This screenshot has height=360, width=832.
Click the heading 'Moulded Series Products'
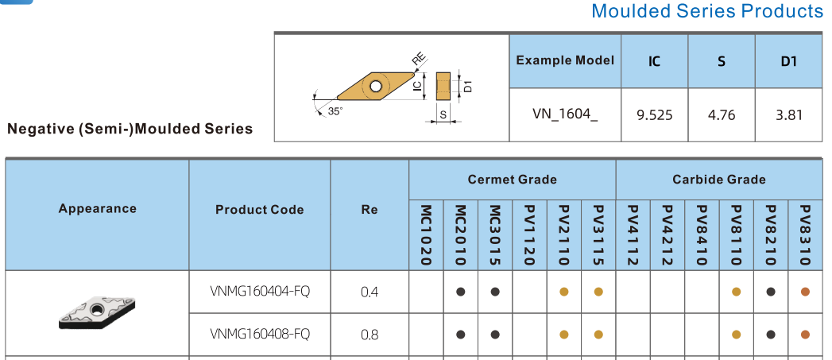(707, 10)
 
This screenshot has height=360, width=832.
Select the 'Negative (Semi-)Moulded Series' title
(130, 129)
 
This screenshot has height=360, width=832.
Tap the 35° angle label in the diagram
(335, 111)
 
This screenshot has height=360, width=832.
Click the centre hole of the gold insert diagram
(376, 86)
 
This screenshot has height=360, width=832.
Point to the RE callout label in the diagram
(420, 62)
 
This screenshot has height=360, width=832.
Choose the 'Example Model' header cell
(564, 60)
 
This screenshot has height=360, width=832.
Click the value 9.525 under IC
(654, 114)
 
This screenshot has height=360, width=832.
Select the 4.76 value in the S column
(722, 114)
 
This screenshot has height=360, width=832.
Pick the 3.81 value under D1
(789, 114)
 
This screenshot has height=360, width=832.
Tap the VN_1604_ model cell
(564, 114)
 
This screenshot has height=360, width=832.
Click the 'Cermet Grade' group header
(512, 180)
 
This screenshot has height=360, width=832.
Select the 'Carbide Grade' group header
(719, 180)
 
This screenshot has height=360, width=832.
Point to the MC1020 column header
(426, 235)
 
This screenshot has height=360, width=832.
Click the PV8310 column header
(805, 235)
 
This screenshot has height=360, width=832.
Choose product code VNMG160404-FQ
(260, 291)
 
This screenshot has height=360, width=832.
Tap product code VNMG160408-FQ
(260, 334)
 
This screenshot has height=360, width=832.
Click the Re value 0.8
(370, 335)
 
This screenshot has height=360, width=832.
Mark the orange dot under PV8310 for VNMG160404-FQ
(805, 292)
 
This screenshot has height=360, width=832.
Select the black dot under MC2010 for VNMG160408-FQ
(461, 335)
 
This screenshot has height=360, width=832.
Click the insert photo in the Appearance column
(97, 312)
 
